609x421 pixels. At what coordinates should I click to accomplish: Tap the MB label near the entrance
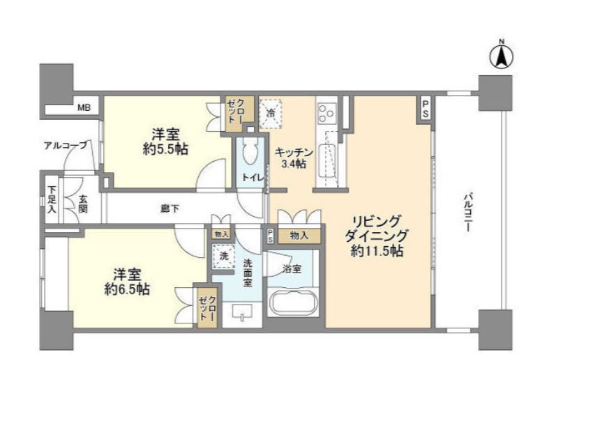pos(84,107)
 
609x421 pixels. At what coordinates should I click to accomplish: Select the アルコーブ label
pos(66,145)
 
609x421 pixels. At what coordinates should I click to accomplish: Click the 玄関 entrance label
pos(83,204)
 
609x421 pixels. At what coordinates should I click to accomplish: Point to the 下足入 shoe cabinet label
pos(52,199)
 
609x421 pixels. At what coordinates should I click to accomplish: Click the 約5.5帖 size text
pos(166,148)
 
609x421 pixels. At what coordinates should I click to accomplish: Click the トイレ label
pos(253,178)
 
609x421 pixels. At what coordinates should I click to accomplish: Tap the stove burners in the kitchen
pos(326,112)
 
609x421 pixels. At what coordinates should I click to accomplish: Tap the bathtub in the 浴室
pos(293,303)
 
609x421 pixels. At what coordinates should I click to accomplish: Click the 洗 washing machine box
pos(224,256)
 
